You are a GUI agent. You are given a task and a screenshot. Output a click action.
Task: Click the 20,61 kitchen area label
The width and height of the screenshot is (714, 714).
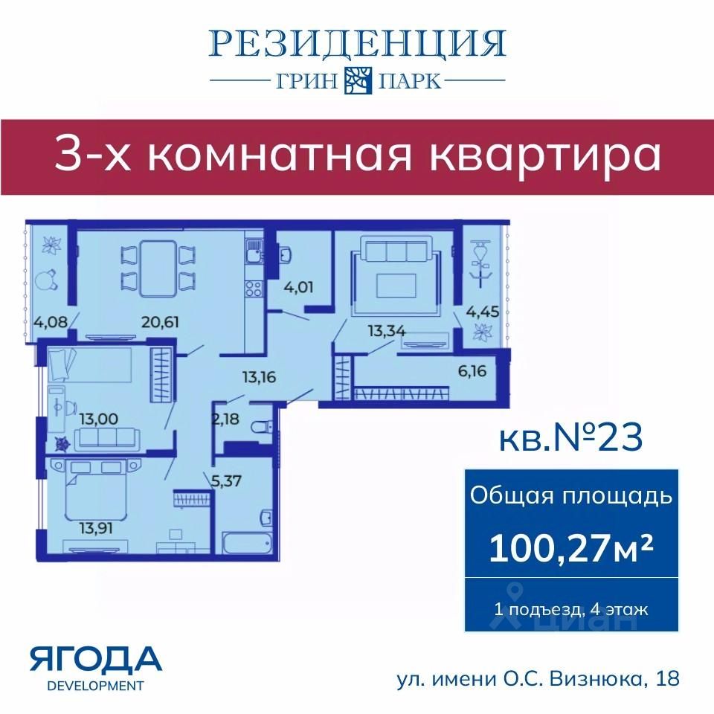160,322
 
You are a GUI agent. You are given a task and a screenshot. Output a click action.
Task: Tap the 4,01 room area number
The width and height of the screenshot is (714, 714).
298,287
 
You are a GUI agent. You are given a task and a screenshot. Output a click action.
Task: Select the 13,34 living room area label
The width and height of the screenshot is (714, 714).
386,331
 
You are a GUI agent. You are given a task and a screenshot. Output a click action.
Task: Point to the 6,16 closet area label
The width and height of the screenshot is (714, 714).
472,370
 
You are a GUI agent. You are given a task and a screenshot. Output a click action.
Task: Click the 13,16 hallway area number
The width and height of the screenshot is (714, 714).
259,377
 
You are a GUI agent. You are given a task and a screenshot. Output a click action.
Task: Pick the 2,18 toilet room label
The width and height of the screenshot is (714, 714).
225,418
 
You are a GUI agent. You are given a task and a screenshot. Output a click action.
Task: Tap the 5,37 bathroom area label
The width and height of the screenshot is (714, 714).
226,480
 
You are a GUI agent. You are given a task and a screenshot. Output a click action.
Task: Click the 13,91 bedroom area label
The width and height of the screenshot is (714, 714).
96,528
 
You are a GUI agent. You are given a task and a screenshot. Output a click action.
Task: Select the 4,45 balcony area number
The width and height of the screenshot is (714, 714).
482,312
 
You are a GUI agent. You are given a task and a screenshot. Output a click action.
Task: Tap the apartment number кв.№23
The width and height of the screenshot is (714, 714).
571,437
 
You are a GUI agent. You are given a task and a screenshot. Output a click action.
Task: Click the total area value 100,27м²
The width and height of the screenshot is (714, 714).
571,547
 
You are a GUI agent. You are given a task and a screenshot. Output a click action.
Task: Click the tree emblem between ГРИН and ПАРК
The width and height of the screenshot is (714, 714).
358,80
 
